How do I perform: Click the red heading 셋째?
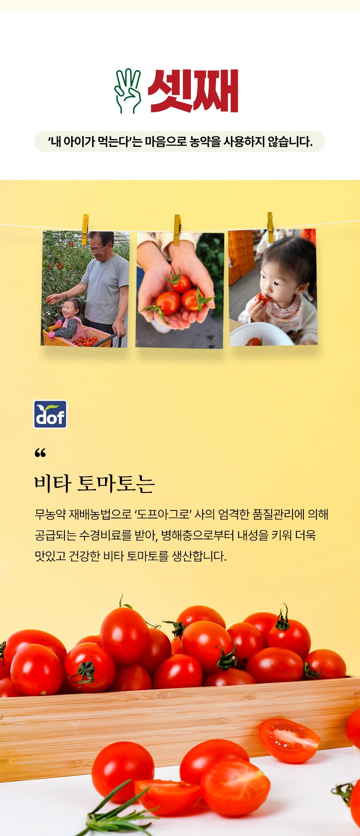click(193, 91)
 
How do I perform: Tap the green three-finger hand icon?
click(128, 91)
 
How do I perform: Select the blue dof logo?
click(50, 414)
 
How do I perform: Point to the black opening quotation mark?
click(40, 453)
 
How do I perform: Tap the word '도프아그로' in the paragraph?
click(163, 514)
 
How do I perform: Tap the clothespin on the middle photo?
click(177, 230)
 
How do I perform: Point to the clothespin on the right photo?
click(270, 227)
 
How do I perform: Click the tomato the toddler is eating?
click(262, 298)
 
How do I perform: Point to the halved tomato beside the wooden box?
click(289, 740)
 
